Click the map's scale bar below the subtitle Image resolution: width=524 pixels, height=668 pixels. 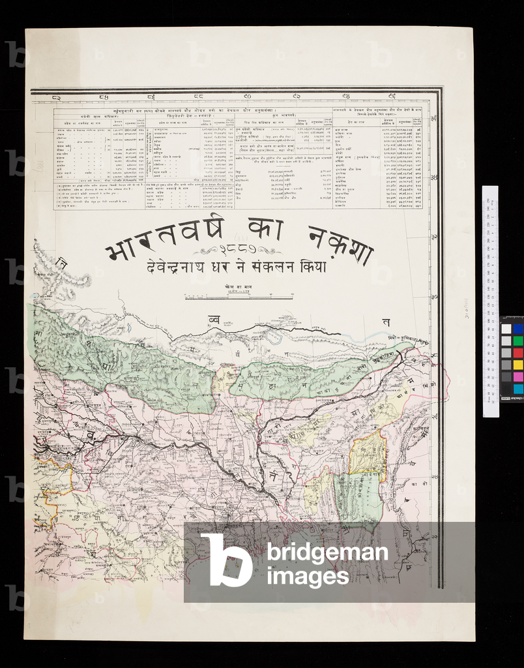coord(239,297)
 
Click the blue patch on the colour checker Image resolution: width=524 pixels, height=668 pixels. coord(517,329)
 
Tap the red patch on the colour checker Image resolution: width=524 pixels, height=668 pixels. coord(517,353)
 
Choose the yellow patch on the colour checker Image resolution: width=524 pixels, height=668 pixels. coord(517,365)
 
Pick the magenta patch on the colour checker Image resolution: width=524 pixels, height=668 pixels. coord(517,376)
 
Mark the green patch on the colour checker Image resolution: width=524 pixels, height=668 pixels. coord(517,341)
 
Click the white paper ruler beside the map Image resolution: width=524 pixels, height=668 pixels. coord(490,300)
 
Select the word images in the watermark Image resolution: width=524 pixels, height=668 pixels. coord(308,576)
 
